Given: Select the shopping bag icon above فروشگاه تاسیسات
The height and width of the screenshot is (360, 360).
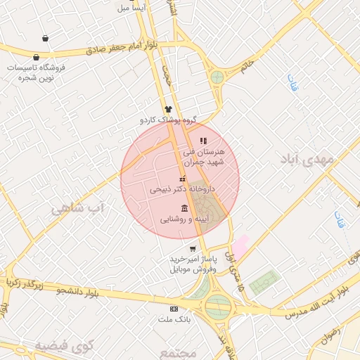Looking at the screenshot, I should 46,39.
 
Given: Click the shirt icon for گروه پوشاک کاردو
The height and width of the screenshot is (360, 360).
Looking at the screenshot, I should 168,109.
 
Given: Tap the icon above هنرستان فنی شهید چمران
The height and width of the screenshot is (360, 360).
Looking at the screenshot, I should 204,141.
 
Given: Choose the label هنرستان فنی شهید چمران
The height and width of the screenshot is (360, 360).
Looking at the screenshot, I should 203,156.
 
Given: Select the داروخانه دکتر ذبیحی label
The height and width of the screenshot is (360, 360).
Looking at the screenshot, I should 181,190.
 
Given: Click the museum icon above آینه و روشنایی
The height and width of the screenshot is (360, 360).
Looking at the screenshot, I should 184,208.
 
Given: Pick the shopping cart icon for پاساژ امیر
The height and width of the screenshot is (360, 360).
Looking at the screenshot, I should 193,249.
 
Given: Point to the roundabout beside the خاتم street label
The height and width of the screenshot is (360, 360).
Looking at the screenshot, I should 217,76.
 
